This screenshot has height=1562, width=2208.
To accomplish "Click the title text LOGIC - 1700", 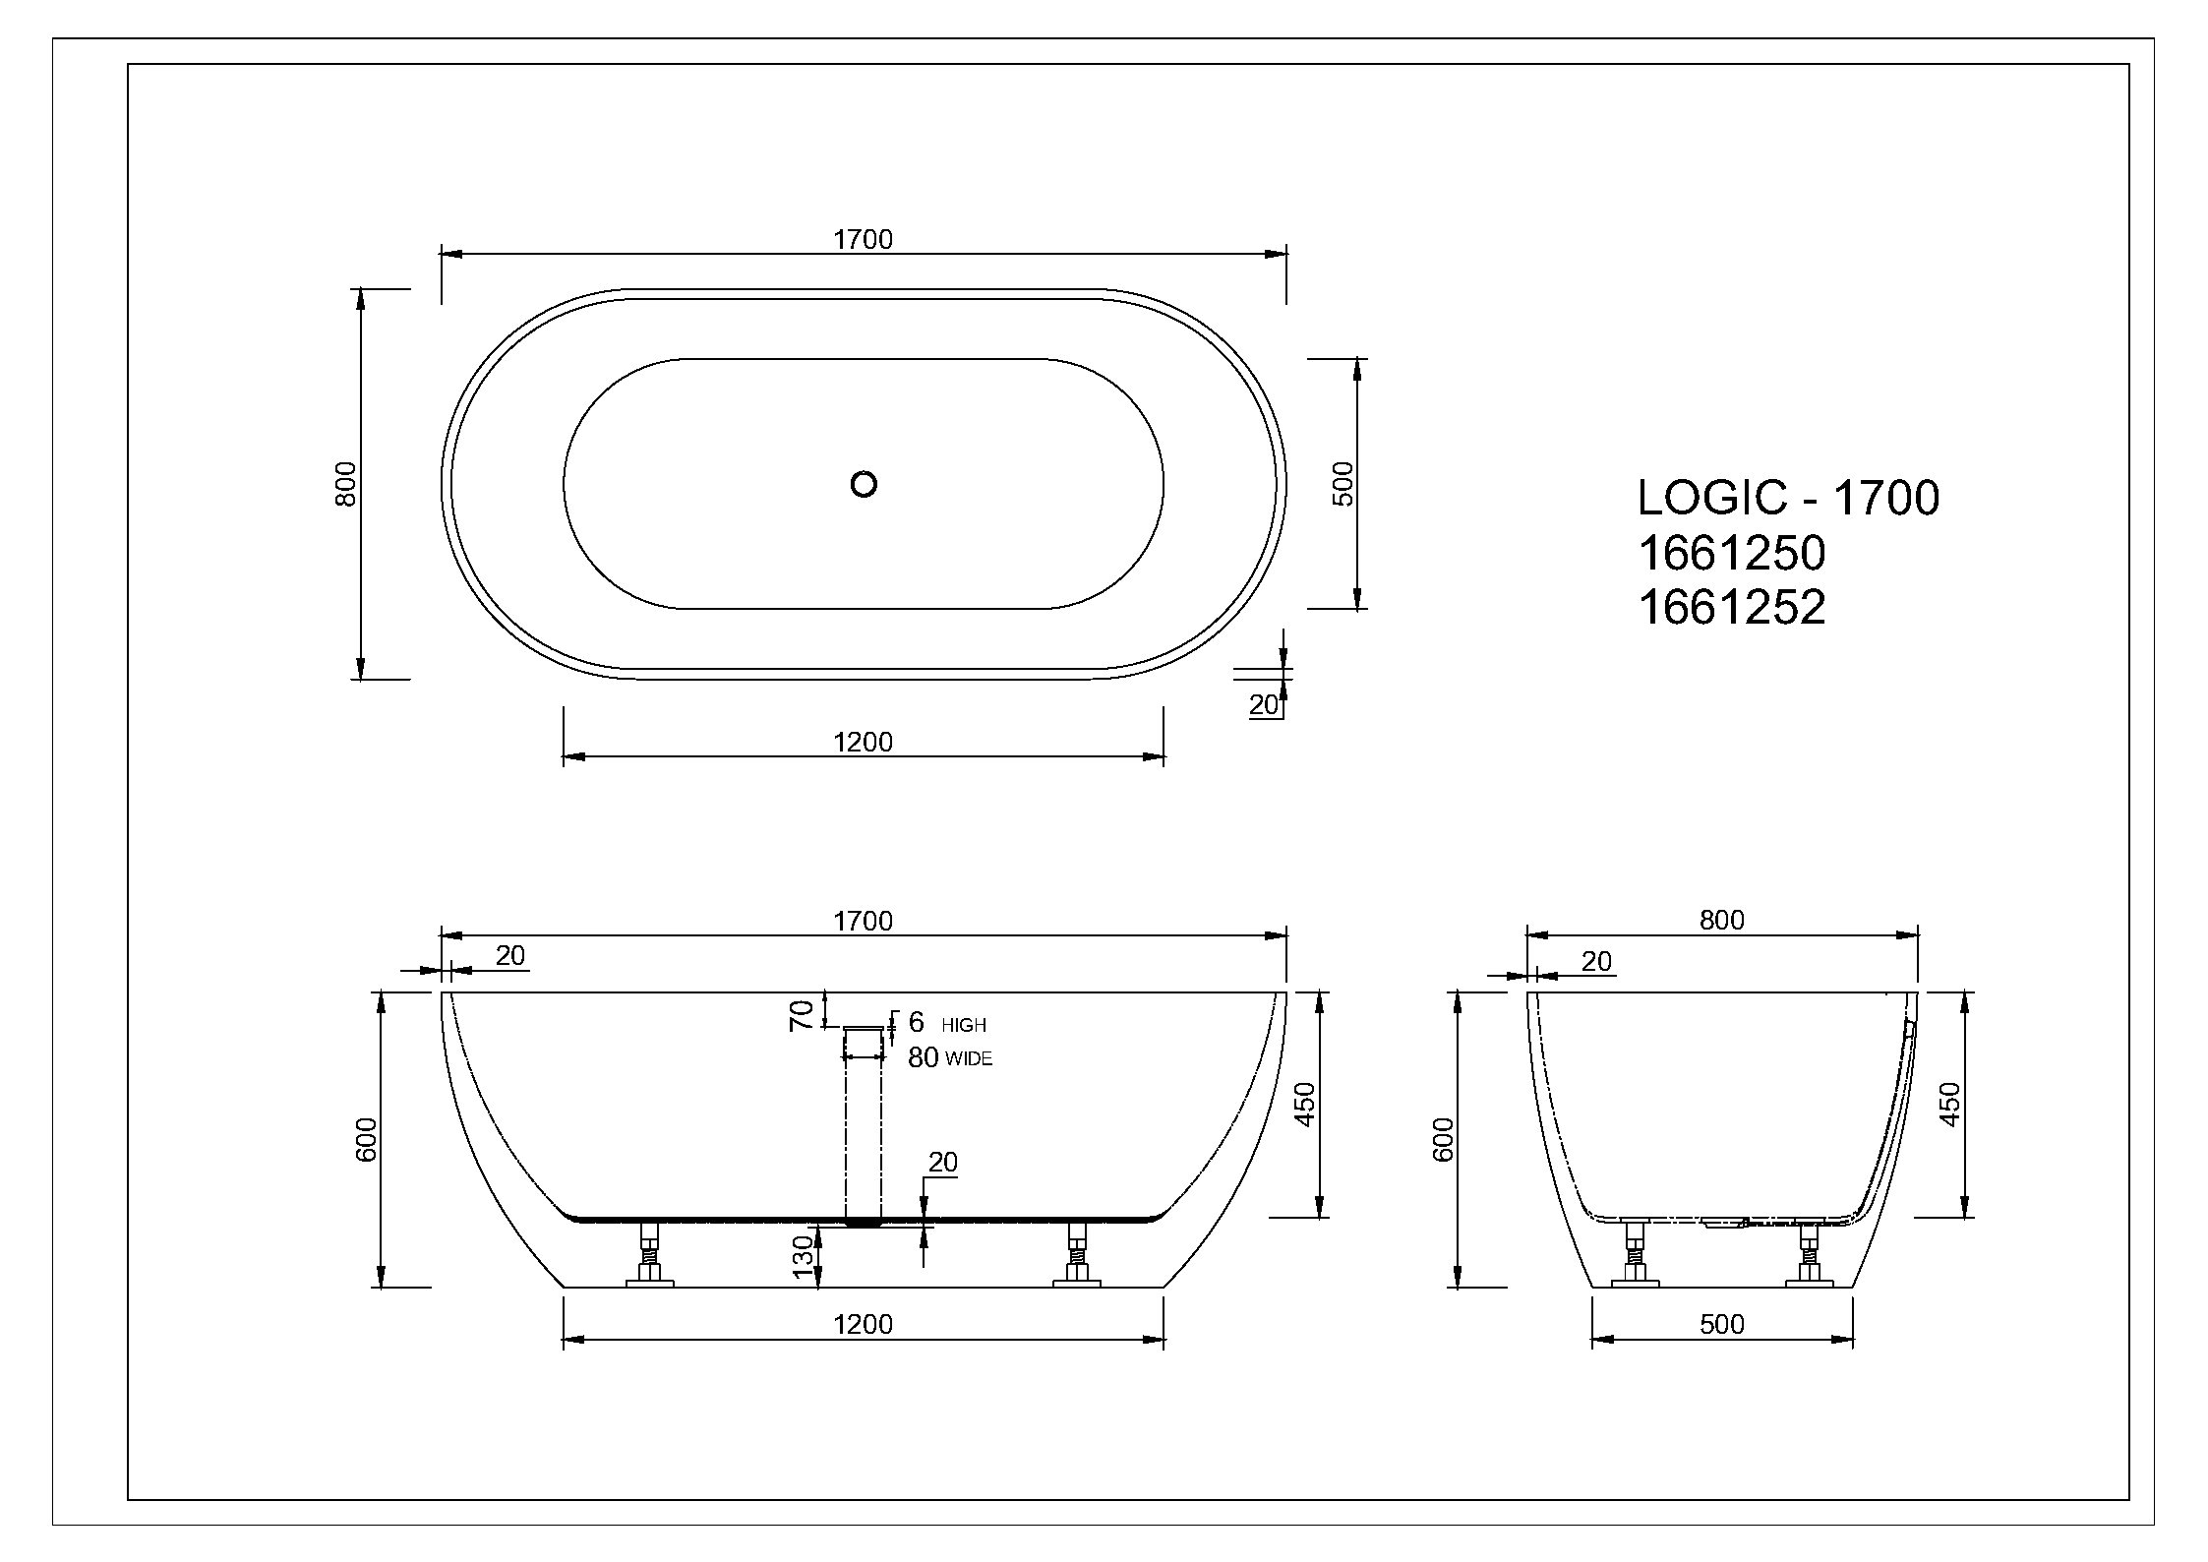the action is (x=1788, y=498).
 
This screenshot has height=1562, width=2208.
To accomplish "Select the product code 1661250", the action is (x=1731, y=553).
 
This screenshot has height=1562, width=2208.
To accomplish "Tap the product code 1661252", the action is (x=1731, y=607).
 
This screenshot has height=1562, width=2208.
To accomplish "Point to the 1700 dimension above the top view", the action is (x=863, y=239).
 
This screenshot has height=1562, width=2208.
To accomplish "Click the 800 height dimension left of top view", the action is (x=345, y=483).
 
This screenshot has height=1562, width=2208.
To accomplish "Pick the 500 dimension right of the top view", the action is (x=1343, y=483).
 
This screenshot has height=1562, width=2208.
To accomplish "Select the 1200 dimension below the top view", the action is (x=863, y=742).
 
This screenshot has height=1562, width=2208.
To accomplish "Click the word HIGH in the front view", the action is (x=964, y=1025).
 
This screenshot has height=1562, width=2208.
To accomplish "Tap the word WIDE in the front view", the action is (x=969, y=1059).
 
